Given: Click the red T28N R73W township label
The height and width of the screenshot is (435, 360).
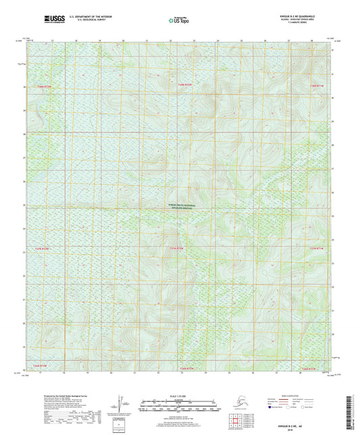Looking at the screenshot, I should click(44, 86).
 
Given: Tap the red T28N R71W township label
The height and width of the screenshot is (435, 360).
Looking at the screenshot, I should click(317, 86).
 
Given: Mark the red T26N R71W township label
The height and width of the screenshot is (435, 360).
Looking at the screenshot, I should click(317, 369).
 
